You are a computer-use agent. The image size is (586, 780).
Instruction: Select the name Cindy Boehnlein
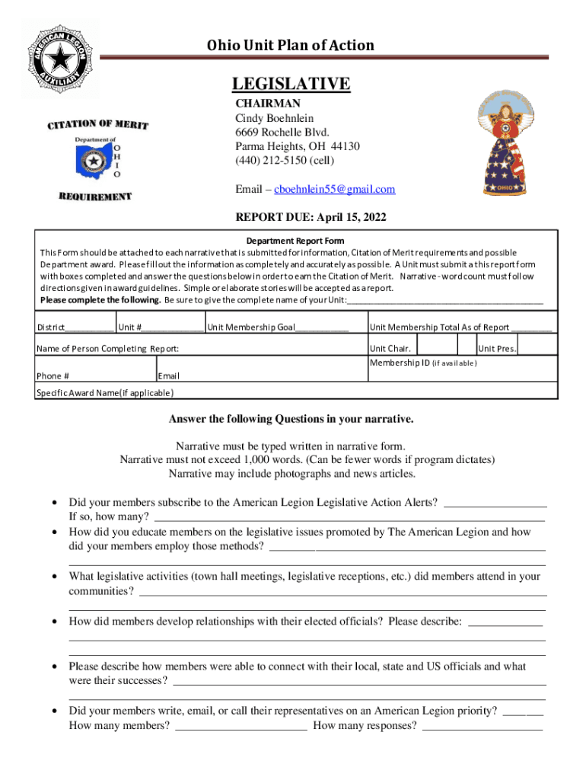[274, 119]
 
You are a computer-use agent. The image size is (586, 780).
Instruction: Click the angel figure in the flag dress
[505, 145]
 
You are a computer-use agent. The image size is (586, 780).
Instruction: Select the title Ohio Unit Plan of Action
[291, 46]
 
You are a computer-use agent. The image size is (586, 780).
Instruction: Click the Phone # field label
[53, 376]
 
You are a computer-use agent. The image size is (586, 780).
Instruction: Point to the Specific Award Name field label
[105, 393]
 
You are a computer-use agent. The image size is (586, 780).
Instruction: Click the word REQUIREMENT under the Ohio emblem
[95, 197]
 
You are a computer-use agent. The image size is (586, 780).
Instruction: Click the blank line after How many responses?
[482, 726]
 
